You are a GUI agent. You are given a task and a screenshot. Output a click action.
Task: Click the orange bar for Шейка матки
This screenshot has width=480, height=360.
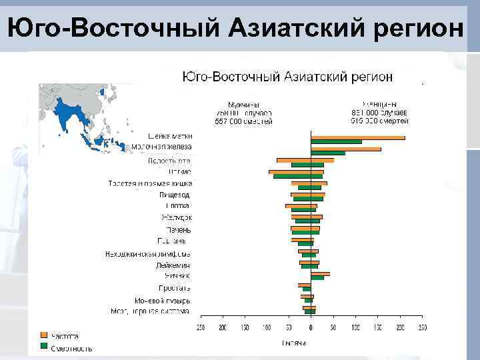(x=357, y=137)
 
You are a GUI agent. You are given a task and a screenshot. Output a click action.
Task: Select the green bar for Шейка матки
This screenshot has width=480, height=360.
(x=336, y=142)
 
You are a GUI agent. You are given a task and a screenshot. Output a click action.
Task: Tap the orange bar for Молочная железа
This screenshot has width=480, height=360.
(x=345, y=149)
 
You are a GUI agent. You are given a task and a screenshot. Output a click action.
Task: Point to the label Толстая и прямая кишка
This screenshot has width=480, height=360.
(x=150, y=183)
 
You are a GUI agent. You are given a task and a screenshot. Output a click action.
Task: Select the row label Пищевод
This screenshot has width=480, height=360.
(x=175, y=195)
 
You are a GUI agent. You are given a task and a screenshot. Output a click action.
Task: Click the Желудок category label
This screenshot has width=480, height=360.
(x=176, y=217)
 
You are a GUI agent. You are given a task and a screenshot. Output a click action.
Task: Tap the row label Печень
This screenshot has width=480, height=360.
(x=178, y=229)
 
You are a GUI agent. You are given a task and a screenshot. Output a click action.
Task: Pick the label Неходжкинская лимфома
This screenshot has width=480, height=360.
(x=147, y=253)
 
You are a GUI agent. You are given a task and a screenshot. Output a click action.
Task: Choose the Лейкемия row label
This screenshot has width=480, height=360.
(x=173, y=265)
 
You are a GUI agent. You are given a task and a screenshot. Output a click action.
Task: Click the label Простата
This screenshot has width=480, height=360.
(x=175, y=288)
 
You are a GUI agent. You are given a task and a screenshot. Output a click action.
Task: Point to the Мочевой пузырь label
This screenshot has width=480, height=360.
(x=162, y=300)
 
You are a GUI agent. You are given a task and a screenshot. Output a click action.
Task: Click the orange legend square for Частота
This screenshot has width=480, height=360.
(x=44, y=335)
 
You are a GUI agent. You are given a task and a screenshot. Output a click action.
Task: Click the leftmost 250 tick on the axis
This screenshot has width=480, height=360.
(x=200, y=327)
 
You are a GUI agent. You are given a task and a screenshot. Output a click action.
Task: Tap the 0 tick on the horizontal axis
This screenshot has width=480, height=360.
(x=311, y=327)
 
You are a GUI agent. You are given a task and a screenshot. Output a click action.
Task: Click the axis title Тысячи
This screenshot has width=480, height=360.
(x=294, y=343)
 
